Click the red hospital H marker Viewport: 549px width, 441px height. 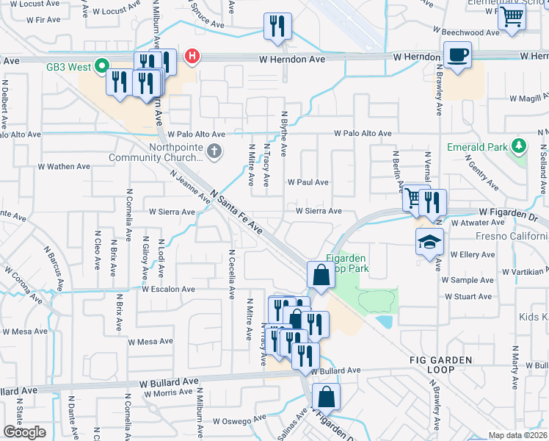tap(192, 56)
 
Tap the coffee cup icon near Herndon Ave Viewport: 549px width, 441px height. tap(458, 55)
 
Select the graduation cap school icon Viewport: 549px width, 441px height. tap(429, 243)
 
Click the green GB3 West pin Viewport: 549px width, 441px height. tap(103, 66)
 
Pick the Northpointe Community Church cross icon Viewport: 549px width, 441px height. tap(214, 152)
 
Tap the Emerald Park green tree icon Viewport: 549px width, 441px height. tap(519, 146)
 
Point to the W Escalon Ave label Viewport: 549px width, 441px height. tap(168, 290)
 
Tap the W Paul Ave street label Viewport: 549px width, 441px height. tap(308, 182)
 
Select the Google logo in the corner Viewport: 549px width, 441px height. tap(24, 431)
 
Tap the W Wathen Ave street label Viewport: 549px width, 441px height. tap(64, 167)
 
